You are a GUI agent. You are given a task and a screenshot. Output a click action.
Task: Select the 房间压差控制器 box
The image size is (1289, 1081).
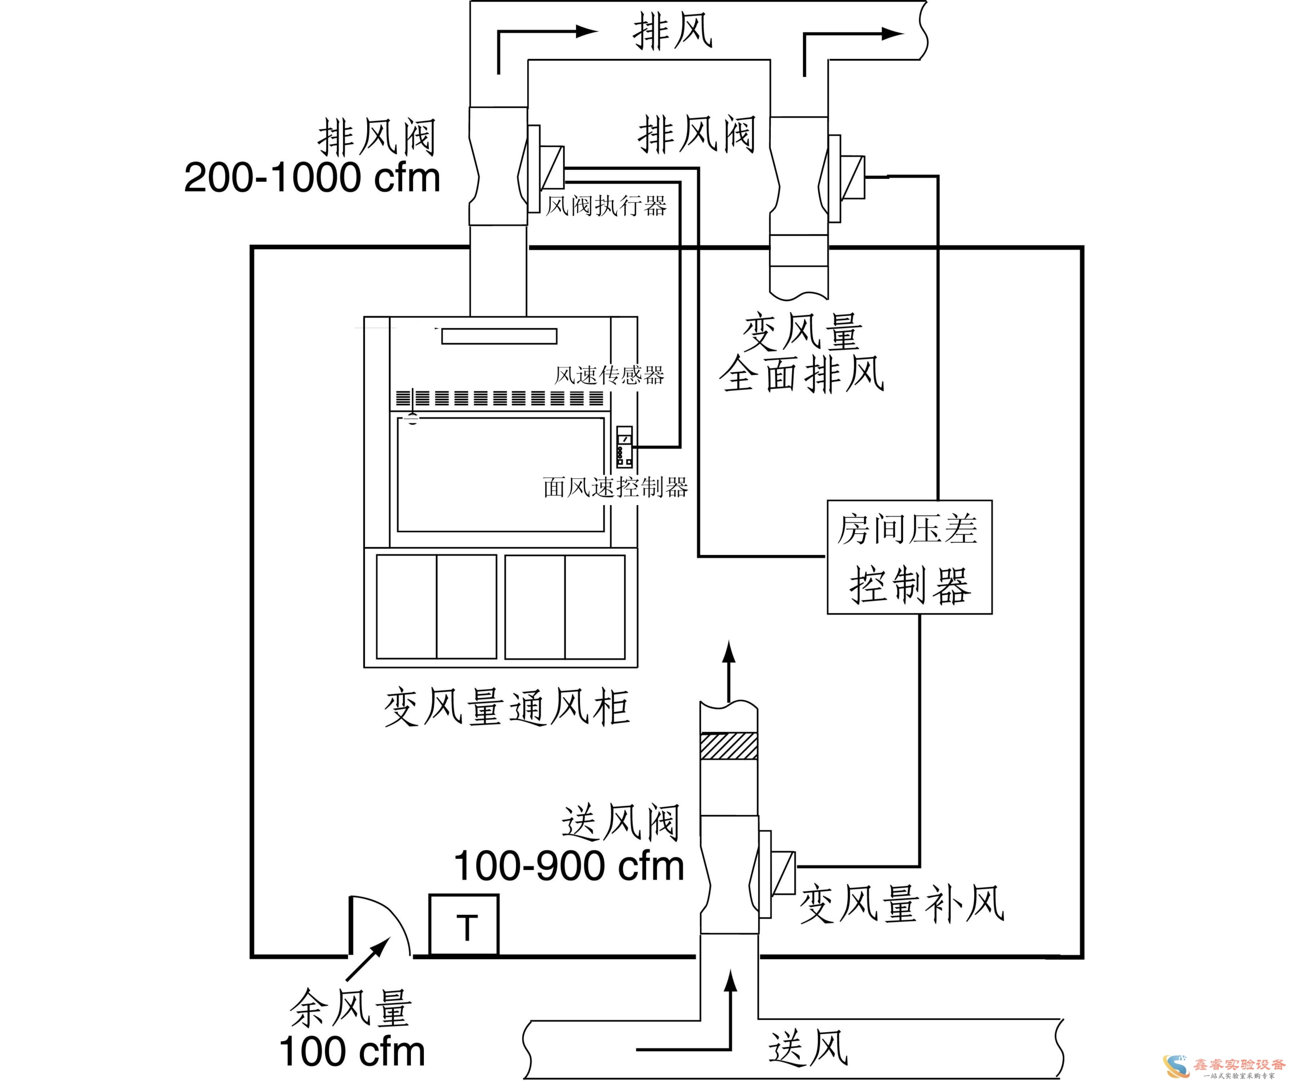coord(910,557)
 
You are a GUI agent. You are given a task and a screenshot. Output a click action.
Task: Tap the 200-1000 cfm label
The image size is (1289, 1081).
coord(312,177)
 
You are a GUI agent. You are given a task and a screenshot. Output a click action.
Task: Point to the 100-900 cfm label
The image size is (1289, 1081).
coord(569,866)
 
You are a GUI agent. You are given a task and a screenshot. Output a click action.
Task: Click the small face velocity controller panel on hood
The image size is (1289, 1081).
coord(624,448)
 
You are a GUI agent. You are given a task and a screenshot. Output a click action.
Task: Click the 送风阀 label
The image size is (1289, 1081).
coord(620,822)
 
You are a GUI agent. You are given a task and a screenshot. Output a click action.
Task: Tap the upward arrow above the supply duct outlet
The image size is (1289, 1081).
coord(729,671)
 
